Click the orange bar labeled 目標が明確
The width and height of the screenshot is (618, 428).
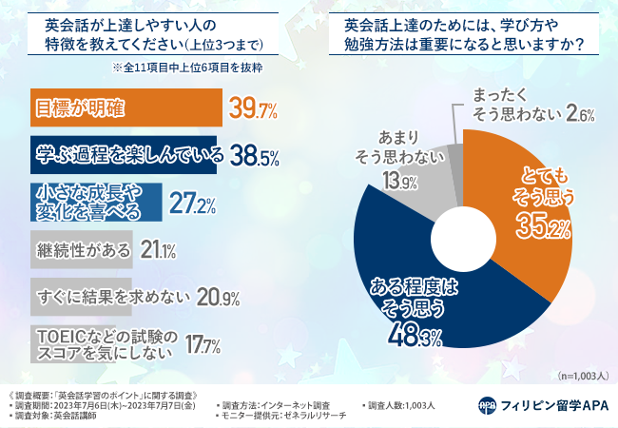point(124,107)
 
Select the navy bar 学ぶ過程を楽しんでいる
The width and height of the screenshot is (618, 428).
point(124,154)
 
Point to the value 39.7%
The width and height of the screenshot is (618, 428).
point(253,108)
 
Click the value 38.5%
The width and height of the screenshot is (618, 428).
point(251,155)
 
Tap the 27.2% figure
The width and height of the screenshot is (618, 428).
point(191,203)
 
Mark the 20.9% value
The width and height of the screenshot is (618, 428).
point(218,297)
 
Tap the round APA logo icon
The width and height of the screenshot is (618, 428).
point(487,404)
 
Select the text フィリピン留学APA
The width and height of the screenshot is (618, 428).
point(551,404)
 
